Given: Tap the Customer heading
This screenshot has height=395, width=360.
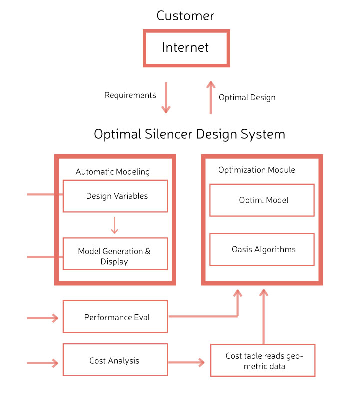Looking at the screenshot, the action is coord(185,16).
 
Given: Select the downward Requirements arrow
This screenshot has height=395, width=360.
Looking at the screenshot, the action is coord(166,97).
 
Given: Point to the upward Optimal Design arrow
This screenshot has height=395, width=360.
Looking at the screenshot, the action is coord(211,97).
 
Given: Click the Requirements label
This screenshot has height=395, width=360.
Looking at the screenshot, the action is coord(130,95).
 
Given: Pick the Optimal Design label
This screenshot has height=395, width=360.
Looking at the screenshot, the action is coord(247,97).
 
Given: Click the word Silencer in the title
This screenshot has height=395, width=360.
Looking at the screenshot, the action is coord(168,134).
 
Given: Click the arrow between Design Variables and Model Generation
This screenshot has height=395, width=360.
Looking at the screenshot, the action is coord(114,225).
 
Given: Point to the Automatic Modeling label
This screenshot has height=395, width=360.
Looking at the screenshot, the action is coord(113,172).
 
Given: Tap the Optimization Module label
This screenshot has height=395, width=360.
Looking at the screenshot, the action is coord(257,170).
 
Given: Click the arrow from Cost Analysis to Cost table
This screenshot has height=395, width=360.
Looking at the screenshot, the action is coord(186,362).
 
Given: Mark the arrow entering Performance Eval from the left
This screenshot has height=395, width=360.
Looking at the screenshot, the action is coord(43,318).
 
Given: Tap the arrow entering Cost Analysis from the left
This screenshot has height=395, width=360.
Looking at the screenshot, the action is coord(43,363).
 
